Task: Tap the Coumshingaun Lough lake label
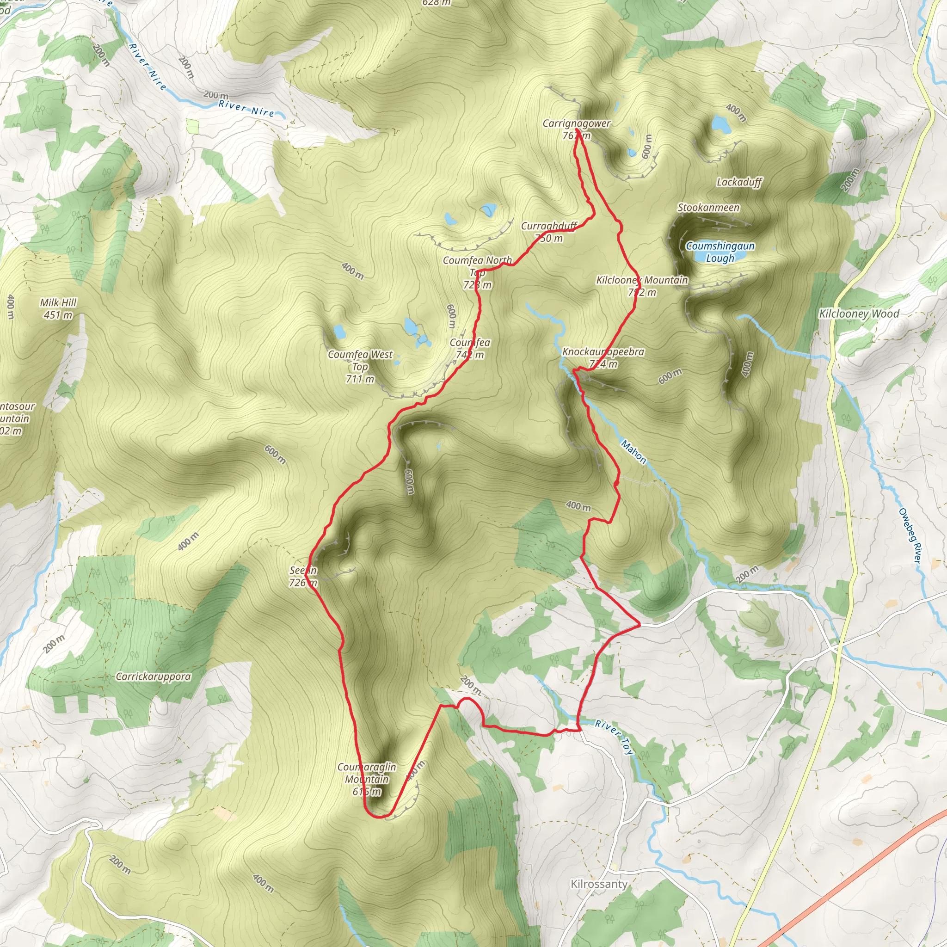pos(719,252)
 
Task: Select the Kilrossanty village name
pos(599,884)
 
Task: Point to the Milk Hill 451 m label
pos(58,309)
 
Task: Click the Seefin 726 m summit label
pos(303,577)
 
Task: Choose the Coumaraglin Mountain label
pos(367,779)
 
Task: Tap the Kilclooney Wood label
pos(859,314)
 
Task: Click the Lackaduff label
pos(739,182)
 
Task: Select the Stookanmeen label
pos(708,208)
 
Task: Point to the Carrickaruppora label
pos(153,676)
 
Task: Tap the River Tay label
pos(615,736)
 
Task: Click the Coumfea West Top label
pos(360,366)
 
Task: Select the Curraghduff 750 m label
pos(549,232)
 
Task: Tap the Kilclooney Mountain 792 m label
pos(642,286)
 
